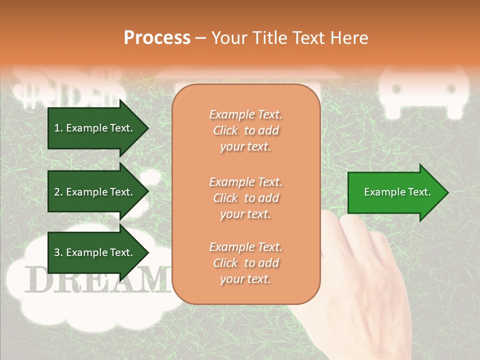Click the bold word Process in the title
157,38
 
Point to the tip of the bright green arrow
447,192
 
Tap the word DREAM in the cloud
95,280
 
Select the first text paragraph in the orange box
245,130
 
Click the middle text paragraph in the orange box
245,198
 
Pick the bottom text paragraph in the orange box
245,263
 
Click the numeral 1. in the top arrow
58,128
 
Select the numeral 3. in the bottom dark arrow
58,252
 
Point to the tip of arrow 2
148,192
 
